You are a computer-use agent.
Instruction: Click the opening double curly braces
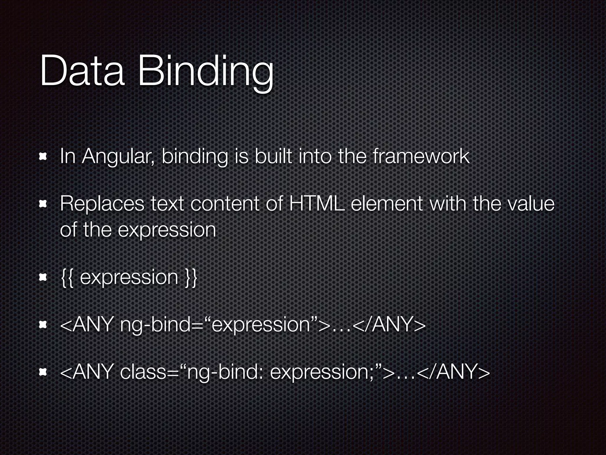pyautogui.click(x=66, y=278)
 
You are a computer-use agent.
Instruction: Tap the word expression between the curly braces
pyautogui.click(x=129, y=278)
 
